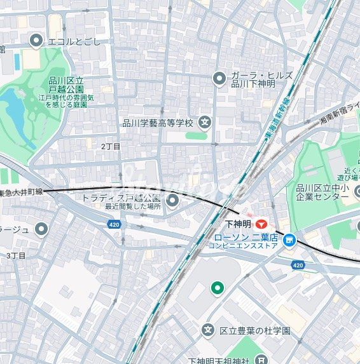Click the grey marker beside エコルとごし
point(36,41)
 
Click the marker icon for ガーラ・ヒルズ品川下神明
point(219,78)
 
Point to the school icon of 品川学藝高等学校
point(205,122)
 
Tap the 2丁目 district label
point(110,146)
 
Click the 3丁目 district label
point(16,255)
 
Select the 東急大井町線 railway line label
point(20,191)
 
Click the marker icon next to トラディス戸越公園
point(173,201)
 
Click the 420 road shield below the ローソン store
point(298,264)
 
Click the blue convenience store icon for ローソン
point(289,240)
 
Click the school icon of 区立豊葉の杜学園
point(207,330)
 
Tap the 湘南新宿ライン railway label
point(337,113)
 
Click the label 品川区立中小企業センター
point(318,192)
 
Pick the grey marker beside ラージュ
point(42,228)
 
